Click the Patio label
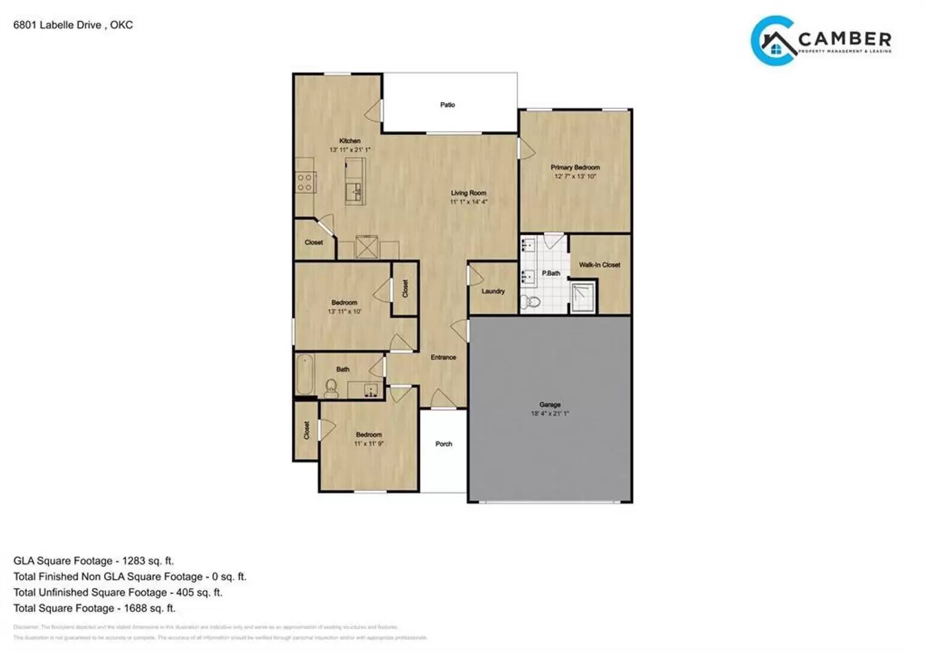point(447,105)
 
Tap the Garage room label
point(550,404)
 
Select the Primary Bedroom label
point(575,167)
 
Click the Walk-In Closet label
point(599,265)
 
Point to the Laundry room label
point(493,291)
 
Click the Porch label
point(444,444)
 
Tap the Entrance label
point(443,357)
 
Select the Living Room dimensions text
point(469,202)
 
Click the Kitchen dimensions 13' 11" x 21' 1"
point(349,149)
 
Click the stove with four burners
point(305,182)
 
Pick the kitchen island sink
point(354,192)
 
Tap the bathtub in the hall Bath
point(305,375)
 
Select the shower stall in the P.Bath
point(583,296)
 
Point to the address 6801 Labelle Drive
point(57,25)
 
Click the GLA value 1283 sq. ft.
point(148,560)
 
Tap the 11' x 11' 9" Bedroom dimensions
point(368,444)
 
